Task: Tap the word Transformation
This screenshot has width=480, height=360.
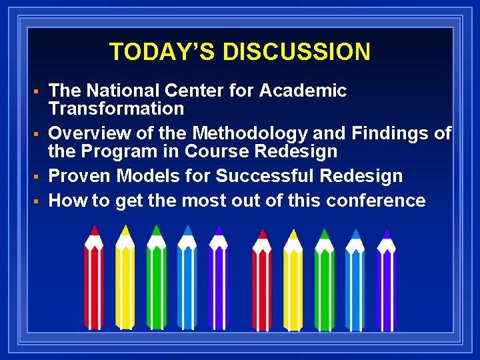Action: [116, 108]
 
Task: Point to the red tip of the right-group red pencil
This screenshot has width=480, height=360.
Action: [262, 234]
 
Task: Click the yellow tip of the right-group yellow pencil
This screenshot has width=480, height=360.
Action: [293, 234]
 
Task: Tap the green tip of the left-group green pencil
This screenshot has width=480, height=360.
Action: [156, 230]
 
